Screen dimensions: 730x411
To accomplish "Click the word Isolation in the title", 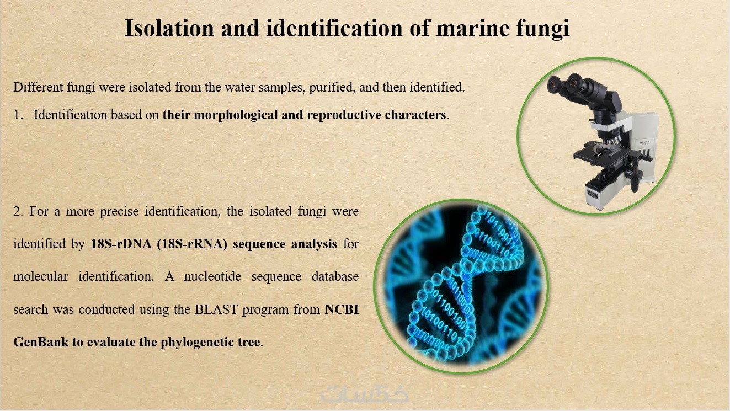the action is (x=169, y=28).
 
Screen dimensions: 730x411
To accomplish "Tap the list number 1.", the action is (x=18, y=115).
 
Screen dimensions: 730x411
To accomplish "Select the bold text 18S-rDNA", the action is (x=121, y=244).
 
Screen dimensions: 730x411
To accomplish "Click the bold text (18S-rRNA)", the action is (x=192, y=244).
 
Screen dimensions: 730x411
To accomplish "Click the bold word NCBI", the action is (x=342, y=309).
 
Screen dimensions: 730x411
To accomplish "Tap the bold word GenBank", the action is (x=41, y=342).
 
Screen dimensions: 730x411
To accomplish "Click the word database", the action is (x=335, y=276).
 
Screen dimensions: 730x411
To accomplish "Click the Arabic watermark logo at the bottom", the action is (x=365, y=394).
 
